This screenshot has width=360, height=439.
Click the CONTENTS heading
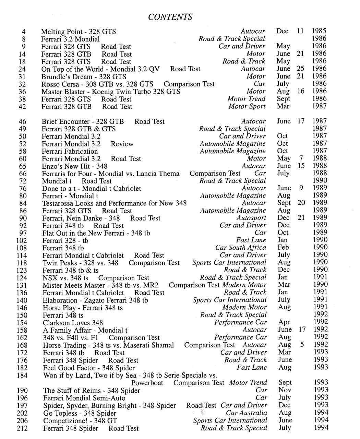click(x=170, y=17)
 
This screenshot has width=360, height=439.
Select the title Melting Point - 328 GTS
click(x=79, y=32)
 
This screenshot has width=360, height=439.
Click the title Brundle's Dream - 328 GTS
click(x=84, y=77)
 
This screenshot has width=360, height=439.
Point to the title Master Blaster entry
click(x=111, y=92)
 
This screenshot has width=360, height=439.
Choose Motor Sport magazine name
click(x=247, y=106)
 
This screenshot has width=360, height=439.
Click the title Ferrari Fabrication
click(x=70, y=151)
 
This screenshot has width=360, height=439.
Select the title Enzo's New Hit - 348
click(x=74, y=166)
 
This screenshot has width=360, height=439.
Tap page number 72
click(x=23, y=181)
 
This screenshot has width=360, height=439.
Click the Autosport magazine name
click(x=251, y=218)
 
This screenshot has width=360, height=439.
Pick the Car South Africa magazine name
click(x=241, y=248)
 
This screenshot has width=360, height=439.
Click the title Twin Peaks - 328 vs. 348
click(x=80, y=263)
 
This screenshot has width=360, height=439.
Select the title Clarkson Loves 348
click(x=73, y=323)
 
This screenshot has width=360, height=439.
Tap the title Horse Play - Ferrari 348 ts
click(x=83, y=308)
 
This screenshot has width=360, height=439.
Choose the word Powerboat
click(x=147, y=383)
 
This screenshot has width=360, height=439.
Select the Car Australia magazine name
click(x=246, y=413)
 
